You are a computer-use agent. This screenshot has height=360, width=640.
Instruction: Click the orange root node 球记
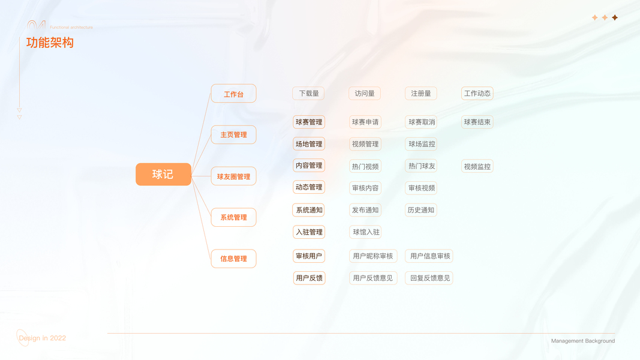pos(163,174)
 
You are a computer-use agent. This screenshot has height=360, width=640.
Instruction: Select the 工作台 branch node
pos(233,94)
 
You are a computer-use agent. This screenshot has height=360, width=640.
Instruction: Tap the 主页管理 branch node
pos(233,135)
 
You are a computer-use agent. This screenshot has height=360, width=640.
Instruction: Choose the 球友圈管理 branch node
pos(233,176)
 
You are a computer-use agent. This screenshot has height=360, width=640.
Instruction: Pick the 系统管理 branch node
pos(233,217)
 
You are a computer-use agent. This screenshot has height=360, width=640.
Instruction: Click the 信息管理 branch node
pos(233,259)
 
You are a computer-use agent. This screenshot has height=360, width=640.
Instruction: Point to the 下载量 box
pos(308,94)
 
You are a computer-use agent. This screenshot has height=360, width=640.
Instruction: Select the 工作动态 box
pos(477,94)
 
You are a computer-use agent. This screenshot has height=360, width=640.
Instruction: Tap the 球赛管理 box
pos(308,122)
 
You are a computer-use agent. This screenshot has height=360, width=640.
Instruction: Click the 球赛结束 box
pos(477,122)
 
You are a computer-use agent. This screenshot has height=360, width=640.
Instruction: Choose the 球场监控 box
pos(421,144)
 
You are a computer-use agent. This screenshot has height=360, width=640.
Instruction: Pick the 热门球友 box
pos(421,166)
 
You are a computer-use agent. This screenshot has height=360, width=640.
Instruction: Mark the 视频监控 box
pos(477,167)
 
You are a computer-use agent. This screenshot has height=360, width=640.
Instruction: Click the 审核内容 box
pos(365,188)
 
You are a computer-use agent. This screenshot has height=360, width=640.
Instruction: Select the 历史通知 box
pos(421,210)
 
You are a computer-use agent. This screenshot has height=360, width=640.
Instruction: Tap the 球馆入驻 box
pos(365,232)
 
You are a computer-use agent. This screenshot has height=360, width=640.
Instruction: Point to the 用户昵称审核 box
pos(372,256)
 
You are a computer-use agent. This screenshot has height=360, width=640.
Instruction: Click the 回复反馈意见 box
pos(429,278)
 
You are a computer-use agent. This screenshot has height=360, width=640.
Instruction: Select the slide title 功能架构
pos(50,43)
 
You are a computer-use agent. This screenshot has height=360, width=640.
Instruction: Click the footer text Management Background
pos(582,341)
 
